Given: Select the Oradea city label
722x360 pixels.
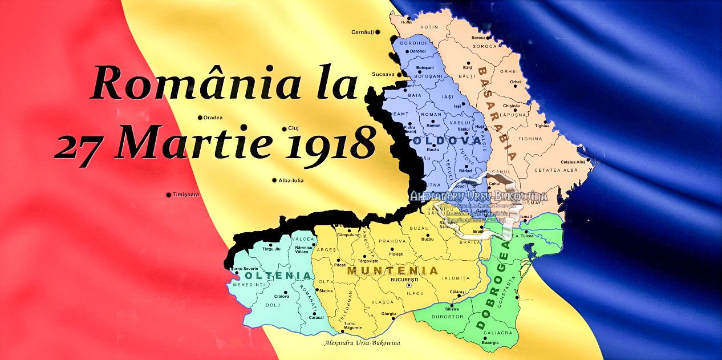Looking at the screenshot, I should point(213,118).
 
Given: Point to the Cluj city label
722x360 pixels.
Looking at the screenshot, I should point(294,128).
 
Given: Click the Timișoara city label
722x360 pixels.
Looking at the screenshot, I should point(186,195).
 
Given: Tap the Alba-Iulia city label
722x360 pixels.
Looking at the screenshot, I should point(291,180).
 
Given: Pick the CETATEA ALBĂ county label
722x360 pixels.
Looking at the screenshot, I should point(551,170).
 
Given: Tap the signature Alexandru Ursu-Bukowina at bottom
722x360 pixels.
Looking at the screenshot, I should point(362,343).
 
